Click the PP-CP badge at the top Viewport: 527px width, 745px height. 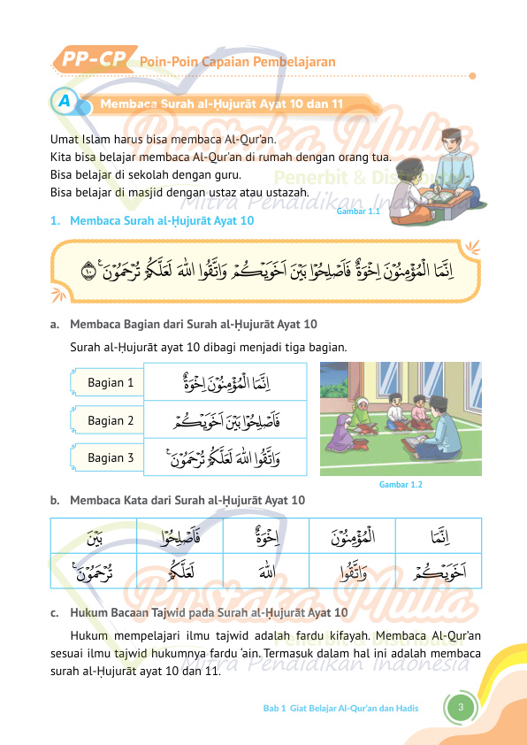[x=93, y=60]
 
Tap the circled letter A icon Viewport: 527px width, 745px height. [x=64, y=102]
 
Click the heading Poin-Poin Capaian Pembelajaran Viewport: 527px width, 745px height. [x=237, y=62]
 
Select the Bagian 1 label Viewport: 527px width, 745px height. [x=111, y=383]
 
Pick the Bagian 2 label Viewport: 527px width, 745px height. [x=111, y=420]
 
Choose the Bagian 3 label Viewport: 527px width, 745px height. [x=111, y=457]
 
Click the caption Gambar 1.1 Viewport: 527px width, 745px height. [x=358, y=212]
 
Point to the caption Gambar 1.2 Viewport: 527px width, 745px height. [x=401, y=485]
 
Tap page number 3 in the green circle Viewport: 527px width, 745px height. [x=461, y=707]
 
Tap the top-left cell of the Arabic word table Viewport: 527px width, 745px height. [x=94, y=536]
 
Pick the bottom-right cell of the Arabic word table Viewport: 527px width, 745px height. [x=439, y=571]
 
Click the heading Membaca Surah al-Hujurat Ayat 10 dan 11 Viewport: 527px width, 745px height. [x=222, y=104]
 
